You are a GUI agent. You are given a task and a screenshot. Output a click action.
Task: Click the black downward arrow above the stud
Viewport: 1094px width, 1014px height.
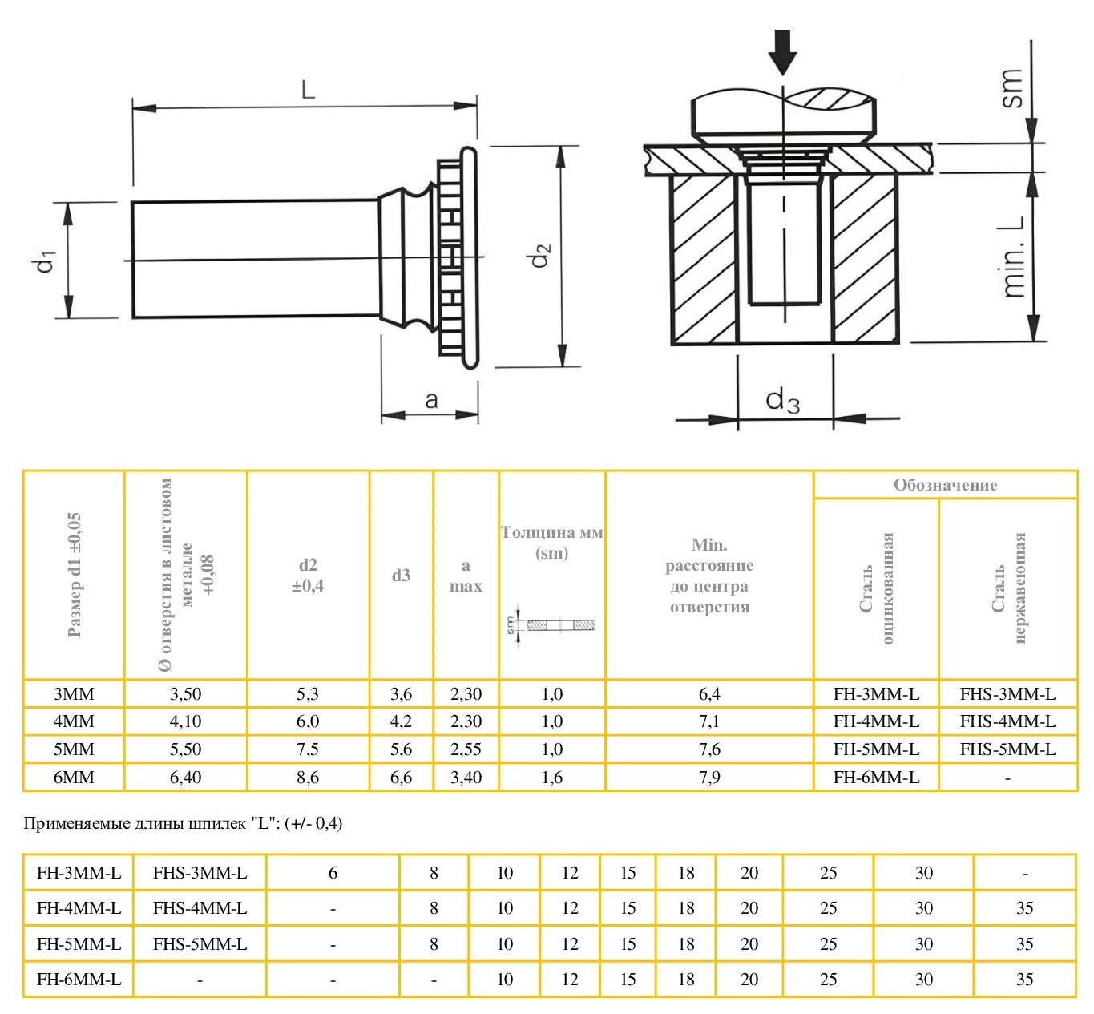(x=782, y=52)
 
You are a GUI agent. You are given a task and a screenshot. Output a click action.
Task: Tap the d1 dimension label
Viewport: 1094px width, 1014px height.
(x=46, y=261)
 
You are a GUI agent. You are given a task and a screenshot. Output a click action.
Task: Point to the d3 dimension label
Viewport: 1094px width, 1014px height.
(x=782, y=399)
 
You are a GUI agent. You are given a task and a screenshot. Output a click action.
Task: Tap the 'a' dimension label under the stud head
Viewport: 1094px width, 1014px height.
(x=431, y=400)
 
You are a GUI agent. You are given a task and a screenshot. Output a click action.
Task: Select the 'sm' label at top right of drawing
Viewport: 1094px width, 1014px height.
(x=1012, y=88)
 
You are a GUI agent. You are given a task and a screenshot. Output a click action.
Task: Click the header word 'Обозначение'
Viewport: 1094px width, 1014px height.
(x=945, y=485)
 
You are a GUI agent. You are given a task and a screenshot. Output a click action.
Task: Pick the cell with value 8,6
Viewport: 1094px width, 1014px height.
(x=308, y=777)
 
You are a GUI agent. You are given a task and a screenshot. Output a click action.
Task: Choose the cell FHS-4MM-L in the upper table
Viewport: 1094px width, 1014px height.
(x=1007, y=721)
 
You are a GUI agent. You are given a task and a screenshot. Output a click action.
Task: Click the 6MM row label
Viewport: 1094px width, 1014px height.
(x=74, y=777)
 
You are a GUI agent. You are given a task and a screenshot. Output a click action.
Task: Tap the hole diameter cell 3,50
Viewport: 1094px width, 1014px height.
(x=185, y=694)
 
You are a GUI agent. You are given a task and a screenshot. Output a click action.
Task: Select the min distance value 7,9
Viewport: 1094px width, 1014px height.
(x=709, y=777)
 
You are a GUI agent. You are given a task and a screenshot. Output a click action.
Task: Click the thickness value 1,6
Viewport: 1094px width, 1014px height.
(x=551, y=777)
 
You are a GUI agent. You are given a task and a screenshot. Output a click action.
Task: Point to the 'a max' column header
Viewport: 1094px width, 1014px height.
(x=466, y=576)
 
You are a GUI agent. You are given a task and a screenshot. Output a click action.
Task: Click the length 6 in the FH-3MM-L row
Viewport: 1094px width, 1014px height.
(x=333, y=873)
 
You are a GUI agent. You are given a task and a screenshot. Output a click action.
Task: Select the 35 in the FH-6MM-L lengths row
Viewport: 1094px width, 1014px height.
(x=1024, y=979)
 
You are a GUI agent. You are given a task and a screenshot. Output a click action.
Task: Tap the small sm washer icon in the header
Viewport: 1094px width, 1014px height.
(x=552, y=624)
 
